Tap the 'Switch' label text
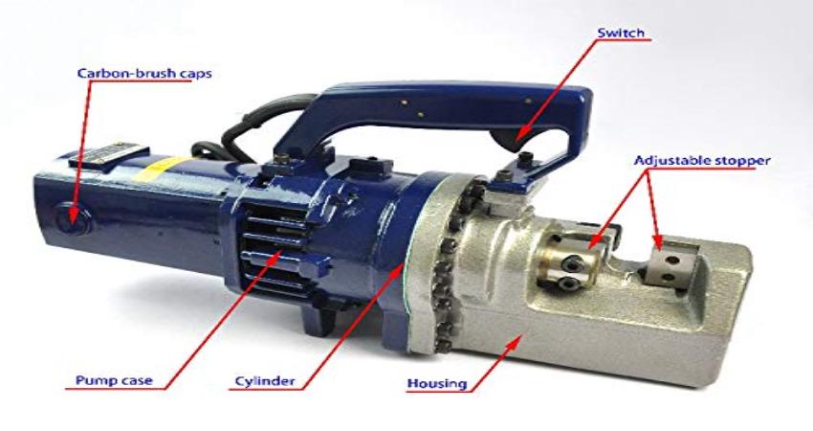coord(622,34)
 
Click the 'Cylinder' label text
coord(264,381)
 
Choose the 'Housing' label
coord(435,384)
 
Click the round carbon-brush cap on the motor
coord(69,215)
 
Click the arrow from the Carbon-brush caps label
coord(89,144)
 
